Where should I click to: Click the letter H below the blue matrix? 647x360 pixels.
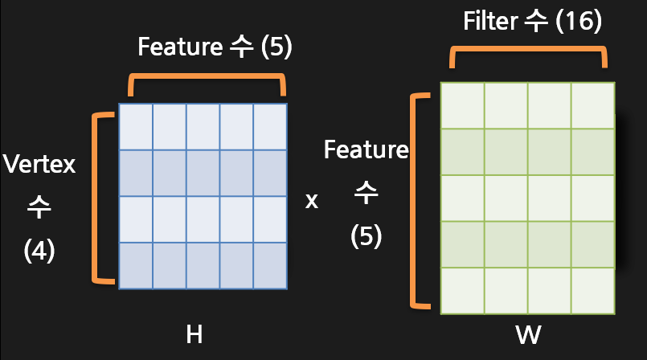[194, 334]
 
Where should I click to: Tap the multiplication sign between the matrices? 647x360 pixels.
[312, 200]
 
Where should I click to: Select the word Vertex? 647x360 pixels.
[39, 166]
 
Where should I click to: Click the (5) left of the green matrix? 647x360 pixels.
[366, 236]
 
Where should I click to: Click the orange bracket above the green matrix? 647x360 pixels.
[527, 54]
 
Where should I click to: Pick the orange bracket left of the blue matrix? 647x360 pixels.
[100, 197]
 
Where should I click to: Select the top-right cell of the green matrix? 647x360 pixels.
[593, 104]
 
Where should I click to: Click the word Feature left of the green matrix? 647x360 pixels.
[366, 149]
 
